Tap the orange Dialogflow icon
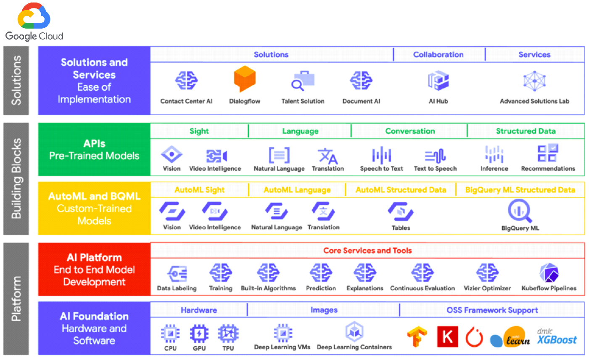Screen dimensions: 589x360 pyautogui.click(x=245, y=79)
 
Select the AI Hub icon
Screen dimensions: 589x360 pyautogui.click(x=438, y=80)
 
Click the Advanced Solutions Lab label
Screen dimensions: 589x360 pyautogui.click(x=534, y=101)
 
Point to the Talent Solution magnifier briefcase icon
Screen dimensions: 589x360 pyautogui.click(x=303, y=80)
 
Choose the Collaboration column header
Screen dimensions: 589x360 pyautogui.click(x=438, y=54)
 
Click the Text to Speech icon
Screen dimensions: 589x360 pyautogui.click(x=435, y=156)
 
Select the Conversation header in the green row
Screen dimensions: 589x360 pyautogui.click(x=410, y=131)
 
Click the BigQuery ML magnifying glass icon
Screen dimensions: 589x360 pyautogui.click(x=520, y=211)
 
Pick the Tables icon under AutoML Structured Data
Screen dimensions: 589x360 pyautogui.click(x=401, y=212)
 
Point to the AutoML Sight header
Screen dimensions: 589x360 pyautogui.click(x=199, y=190)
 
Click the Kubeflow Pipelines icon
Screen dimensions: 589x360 pyautogui.click(x=549, y=273)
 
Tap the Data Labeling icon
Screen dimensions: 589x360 pyautogui.click(x=177, y=273)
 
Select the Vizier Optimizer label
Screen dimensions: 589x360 pyautogui.click(x=487, y=288)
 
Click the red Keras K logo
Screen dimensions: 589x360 pyautogui.click(x=448, y=336)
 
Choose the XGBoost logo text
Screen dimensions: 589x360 pyautogui.click(x=557, y=340)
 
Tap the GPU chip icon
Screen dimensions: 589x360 pyautogui.click(x=199, y=334)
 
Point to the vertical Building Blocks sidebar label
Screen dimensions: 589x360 pyautogui.click(x=16, y=179)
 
